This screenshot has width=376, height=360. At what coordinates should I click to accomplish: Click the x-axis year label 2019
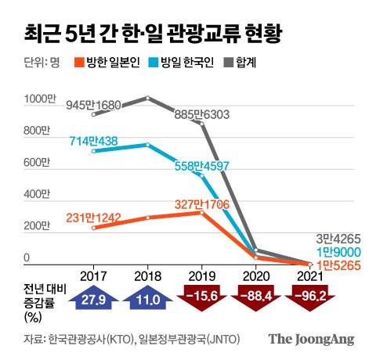[201, 275]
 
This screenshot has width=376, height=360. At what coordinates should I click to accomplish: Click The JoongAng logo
[312, 339]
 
